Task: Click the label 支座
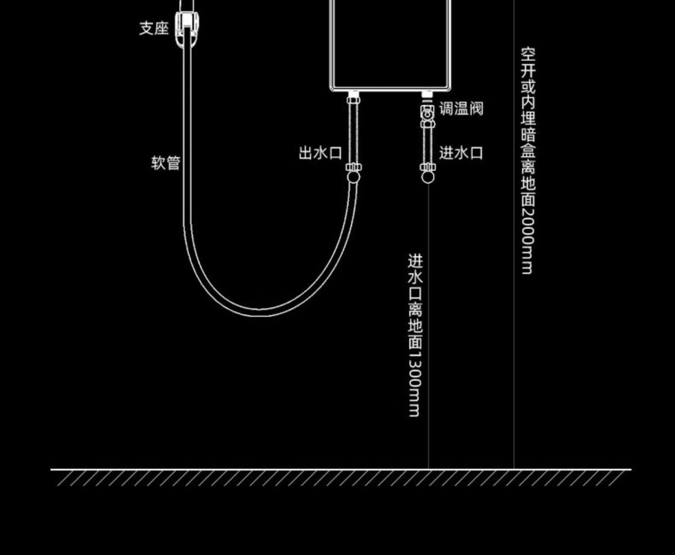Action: point(154,28)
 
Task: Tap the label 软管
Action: point(166,163)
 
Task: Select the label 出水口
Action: point(320,153)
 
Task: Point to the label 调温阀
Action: point(461,109)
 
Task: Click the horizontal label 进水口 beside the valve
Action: point(461,153)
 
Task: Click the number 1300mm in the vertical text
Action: point(415,385)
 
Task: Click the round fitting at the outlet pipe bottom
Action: point(353,177)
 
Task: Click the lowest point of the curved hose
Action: point(260,313)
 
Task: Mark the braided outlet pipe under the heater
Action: point(353,135)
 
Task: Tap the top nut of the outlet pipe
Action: point(353,100)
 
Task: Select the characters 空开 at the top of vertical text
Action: point(528,63)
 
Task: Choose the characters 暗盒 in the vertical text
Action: point(528,143)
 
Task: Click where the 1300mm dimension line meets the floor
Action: point(429,468)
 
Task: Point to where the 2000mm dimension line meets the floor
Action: point(514,468)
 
